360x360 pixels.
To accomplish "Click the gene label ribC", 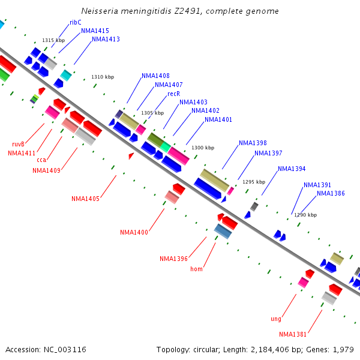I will tap(76, 22).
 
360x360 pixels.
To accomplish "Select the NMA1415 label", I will tap(95, 31).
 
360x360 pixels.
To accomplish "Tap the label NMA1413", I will tap(106, 40).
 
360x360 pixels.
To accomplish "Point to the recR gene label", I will tap(174, 94).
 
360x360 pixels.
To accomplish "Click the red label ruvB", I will tap(18, 144).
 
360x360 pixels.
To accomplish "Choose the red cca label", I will tap(41, 160).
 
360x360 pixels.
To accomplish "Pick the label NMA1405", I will tap(85, 199).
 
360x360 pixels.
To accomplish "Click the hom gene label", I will tap(196, 269).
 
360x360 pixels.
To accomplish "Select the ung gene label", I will tap(276, 319).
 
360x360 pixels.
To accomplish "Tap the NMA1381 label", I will tap(293, 334).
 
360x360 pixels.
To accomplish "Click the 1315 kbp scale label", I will tap(53, 40).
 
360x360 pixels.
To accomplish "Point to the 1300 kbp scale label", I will tap(203, 148).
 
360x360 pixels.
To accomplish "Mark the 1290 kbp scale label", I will tap(305, 215).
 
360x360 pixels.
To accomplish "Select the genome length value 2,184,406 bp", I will tap(269, 349).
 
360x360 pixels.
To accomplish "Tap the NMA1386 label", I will tap(331, 193).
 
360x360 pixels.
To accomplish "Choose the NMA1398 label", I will tap(253, 143).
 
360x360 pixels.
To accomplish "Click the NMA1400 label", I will tap(134, 232).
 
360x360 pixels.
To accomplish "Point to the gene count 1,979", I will tap(343, 349).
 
